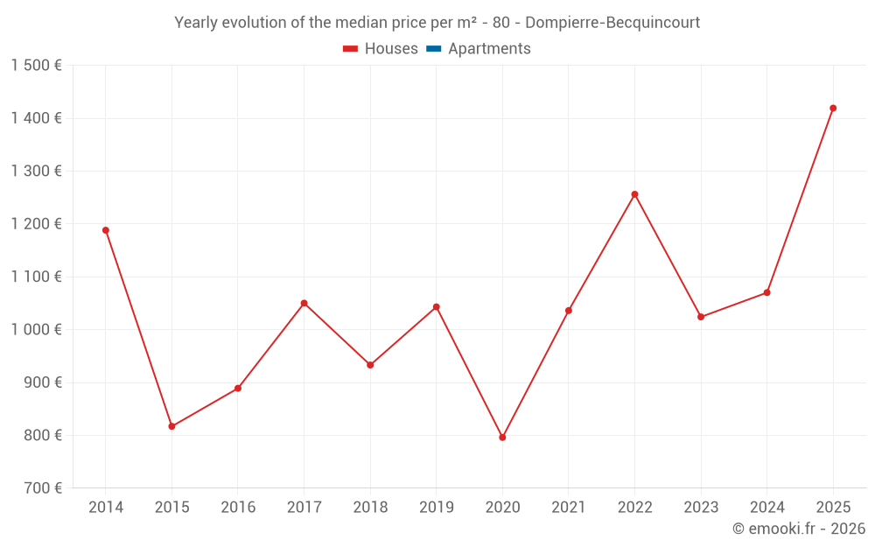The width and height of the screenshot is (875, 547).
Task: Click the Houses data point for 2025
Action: (x=833, y=109)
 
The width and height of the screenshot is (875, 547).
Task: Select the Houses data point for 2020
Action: (x=502, y=438)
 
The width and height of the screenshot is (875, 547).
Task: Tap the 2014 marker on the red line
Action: (x=106, y=230)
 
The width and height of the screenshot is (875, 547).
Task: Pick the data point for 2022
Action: (x=634, y=194)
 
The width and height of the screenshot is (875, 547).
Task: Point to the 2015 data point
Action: (x=171, y=426)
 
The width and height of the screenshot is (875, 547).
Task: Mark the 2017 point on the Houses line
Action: (x=304, y=304)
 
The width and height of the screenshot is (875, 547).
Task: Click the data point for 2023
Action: (x=701, y=317)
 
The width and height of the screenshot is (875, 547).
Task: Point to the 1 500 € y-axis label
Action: (x=36, y=66)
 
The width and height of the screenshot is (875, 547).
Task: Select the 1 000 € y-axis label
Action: (x=36, y=330)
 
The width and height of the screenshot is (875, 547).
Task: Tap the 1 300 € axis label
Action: (x=36, y=172)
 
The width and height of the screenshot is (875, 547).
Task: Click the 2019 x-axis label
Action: (x=436, y=508)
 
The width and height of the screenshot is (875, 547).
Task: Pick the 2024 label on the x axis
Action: (x=766, y=508)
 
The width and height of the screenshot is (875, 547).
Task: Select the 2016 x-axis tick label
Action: (x=238, y=508)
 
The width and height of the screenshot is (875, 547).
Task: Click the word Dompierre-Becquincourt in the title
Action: (x=612, y=23)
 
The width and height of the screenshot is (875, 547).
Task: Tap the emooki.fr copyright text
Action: (x=798, y=529)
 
